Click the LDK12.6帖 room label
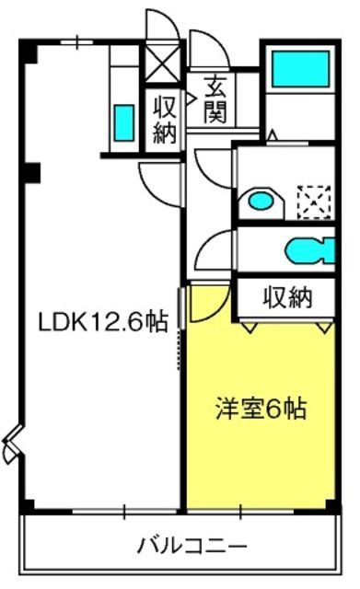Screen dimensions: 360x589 (x=103, y=323)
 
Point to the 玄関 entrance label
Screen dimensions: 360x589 (x=215, y=100)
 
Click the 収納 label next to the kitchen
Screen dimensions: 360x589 (x=164, y=120)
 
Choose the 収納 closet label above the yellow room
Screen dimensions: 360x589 (x=287, y=298)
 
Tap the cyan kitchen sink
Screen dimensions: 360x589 (x=124, y=122)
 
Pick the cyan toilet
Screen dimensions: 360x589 (x=310, y=250)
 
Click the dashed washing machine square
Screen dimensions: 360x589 (x=314, y=202)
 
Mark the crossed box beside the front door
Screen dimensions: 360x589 (x=162, y=64)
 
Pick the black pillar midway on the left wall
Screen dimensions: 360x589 (x=32, y=173)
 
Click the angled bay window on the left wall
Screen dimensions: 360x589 (x=11, y=444)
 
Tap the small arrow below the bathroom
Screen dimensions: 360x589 (x=273, y=135)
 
